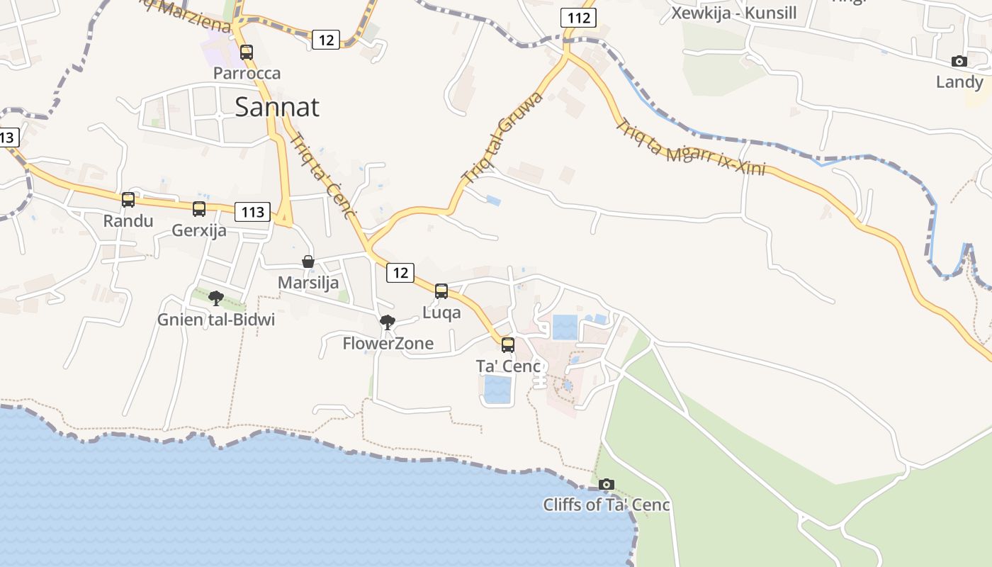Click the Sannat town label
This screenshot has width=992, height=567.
tap(276, 107)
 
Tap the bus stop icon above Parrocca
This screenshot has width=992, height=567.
tap(247, 52)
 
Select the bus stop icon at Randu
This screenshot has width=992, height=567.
tap(128, 200)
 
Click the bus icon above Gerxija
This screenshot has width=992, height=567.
tap(199, 208)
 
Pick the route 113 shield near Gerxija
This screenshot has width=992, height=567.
tap(253, 211)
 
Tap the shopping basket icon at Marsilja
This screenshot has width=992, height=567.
tap(308, 262)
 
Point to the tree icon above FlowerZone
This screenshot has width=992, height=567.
tap(388, 323)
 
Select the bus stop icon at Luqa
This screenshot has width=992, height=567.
tap(441, 291)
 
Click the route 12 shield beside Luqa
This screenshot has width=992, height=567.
tap(400, 272)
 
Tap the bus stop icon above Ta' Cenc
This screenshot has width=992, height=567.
tap(508, 345)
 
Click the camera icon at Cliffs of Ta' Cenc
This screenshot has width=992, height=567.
tap(606, 484)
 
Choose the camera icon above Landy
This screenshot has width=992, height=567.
tap(959, 62)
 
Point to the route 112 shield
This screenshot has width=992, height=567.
tap(578, 18)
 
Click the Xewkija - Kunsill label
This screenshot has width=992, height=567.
tap(734, 13)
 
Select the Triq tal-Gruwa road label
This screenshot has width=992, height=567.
tap(501, 137)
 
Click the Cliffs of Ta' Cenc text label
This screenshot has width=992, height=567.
tap(607, 505)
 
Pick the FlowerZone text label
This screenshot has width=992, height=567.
tap(388, 344)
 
